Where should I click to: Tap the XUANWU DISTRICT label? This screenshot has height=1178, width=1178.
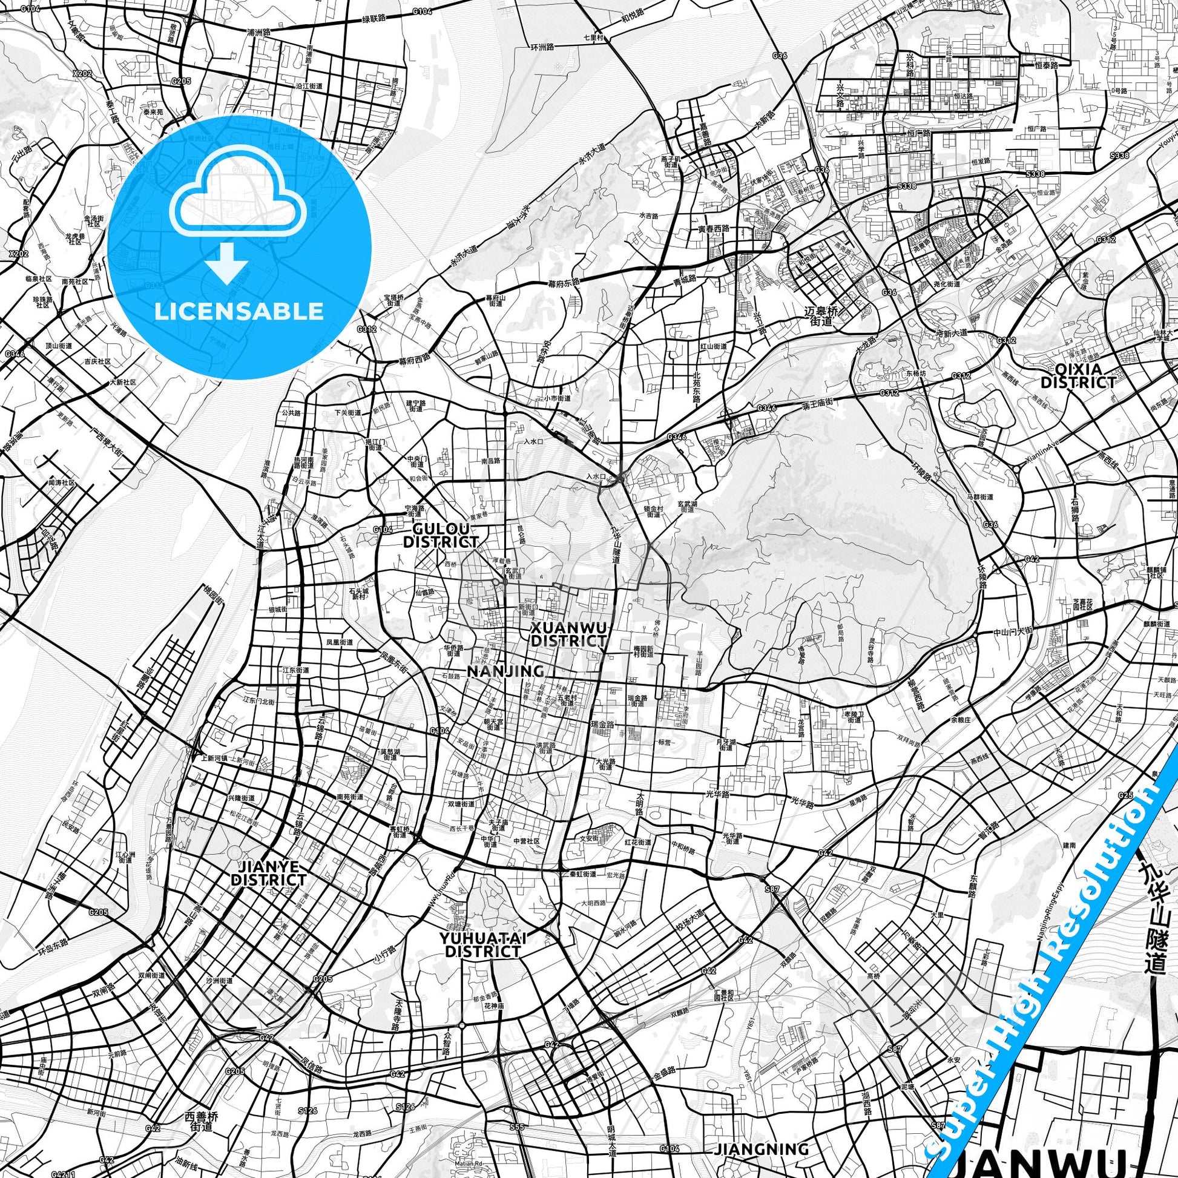point(569,634)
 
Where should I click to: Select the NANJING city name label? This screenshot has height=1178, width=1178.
point(505,671)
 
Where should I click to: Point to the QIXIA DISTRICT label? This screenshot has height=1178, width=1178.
point(1078,375)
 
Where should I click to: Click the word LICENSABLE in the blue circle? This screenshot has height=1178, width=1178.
point(239,312)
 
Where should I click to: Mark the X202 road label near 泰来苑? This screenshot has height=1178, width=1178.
point(81,74)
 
